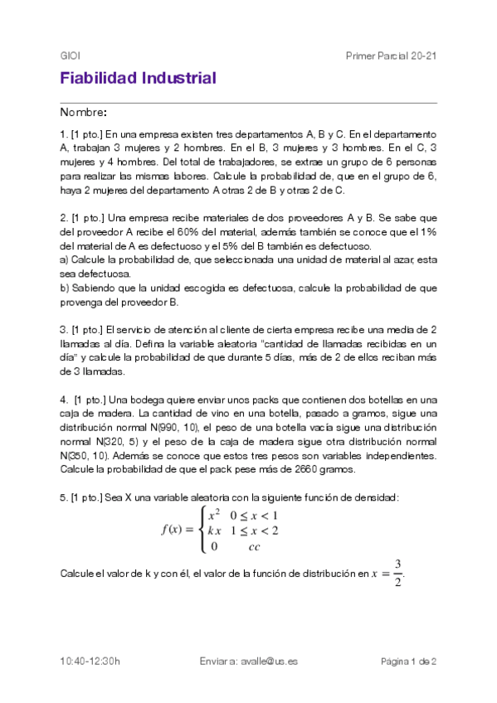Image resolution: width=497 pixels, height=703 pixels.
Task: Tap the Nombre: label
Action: click(x=83, y=112)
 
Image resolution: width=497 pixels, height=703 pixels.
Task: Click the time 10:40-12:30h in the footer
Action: click(x=90, y=661)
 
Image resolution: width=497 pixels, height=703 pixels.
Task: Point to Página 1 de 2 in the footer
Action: click(x=408, y=661)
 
